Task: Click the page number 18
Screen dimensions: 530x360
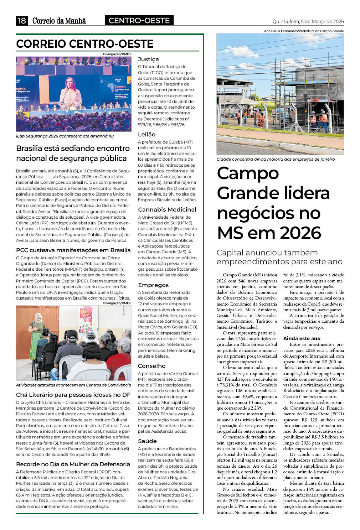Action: click(x=22, y=21)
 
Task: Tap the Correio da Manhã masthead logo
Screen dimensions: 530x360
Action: click(x=59, y=21)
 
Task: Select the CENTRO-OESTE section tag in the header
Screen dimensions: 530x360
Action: click(x=139, y=21)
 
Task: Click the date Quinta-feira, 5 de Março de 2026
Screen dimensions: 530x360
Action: click(x=308, y=21)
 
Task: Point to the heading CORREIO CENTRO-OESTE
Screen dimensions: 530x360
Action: click(x=85, y=44)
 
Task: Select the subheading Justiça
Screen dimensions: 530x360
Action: click(x=148, y=59)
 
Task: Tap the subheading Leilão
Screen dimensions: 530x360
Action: click(x=147, y=134)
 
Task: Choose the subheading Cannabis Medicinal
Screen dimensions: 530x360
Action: click(x=167, y=209)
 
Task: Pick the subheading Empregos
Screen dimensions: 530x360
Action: click(x=153, y=285)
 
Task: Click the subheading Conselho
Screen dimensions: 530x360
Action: click(x=152, y=366)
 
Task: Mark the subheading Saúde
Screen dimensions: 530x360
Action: click(x=147, y=441)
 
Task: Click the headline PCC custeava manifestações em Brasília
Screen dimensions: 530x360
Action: click(x=73, y=250)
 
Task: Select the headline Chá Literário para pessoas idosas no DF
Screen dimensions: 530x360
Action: click(x=73, y=395)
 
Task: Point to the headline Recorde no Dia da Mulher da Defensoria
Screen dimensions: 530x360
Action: click(x=73, y=464)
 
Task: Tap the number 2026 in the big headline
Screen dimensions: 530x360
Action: click(x=300, y=233)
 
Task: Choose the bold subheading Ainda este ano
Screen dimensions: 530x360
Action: click(x=302, y=338)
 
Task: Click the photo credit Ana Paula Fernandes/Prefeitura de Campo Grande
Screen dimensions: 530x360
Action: click(x=304, y=31)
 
